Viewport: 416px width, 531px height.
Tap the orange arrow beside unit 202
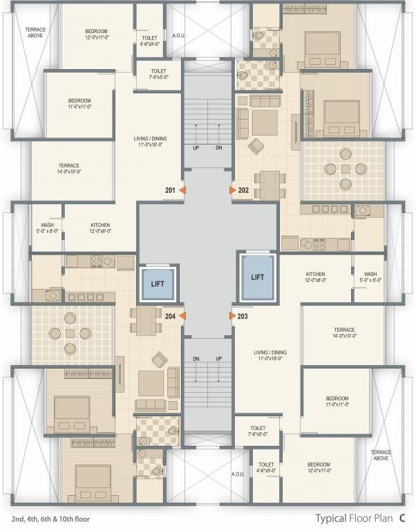pos(231,189)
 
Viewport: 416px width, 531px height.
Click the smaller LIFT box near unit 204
pos(158,282)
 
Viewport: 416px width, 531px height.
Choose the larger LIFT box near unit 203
pos(257,277)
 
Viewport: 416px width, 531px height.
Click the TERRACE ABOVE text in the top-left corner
pos(35,32)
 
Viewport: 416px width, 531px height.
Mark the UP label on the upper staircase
pos(196,147)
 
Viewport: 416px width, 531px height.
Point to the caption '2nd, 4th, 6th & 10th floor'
pos(50,518)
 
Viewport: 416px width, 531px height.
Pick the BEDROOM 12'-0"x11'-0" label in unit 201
pos(96,35)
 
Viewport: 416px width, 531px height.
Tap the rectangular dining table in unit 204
pos(146,319)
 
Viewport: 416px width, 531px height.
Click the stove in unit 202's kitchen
pos(321,243)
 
